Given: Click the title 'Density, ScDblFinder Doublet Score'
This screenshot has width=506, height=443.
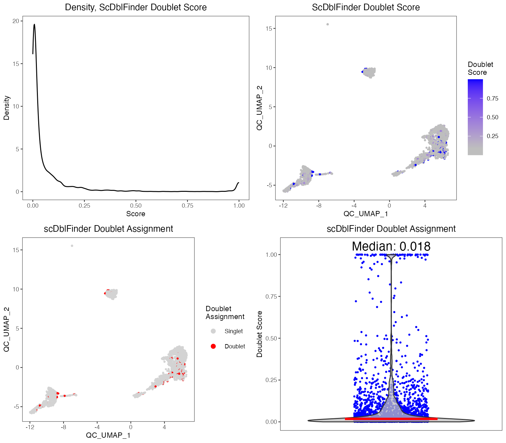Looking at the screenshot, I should pos(136,7).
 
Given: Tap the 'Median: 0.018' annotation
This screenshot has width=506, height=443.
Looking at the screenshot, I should pos(391,247).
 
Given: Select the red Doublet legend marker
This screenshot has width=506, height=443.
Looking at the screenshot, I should pos(213,346).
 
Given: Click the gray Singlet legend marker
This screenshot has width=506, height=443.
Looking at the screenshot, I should pos(213,331).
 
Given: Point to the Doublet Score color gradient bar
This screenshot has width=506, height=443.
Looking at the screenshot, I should pos(475,117).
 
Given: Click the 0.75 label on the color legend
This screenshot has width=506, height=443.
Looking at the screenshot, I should pos(492,99).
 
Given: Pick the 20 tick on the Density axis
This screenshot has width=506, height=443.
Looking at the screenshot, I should pos(15,21).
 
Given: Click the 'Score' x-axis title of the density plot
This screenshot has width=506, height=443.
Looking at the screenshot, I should pos(136,214).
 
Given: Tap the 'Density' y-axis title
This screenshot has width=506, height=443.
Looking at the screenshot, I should pos(7,108).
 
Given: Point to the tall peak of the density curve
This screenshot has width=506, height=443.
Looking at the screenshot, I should pos(34,24).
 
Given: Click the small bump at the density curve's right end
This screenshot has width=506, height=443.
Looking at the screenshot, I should pos(238,183).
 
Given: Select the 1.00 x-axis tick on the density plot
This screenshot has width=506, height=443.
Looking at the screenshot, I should pos(239,206).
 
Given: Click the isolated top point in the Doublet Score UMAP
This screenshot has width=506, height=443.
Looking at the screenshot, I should pos(327,24).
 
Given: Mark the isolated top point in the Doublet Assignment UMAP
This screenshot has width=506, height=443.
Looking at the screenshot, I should pos(72,246).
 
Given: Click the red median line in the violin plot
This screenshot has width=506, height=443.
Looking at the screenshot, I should pos(391,419).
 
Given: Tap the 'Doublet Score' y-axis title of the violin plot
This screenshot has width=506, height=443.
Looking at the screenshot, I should pos(260,334).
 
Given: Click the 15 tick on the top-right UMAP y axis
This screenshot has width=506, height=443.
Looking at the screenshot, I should pos(269,28).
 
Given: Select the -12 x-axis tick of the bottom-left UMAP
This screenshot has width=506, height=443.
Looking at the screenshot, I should pos(30,427).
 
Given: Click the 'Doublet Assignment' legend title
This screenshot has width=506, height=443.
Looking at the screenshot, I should pos(225,312).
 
